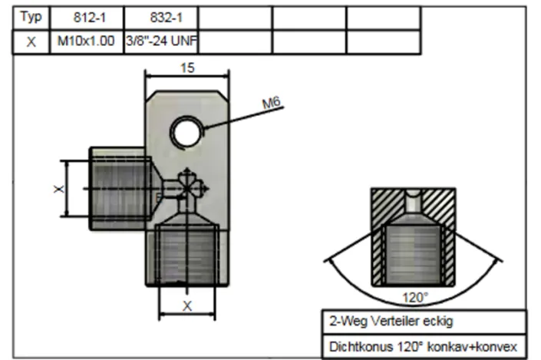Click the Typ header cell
click(31, 18)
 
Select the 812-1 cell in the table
click(87, 18)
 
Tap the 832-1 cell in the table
click(161, 18)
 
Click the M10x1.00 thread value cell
click(87, 42)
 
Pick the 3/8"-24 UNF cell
click(161, 42)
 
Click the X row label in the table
click(31, 42)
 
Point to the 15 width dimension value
click(187, 68)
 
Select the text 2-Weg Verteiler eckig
click(381, 321)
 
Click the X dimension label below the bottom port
click(186, 306)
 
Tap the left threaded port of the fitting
click(115, 187)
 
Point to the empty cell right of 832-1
click(236, 18)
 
